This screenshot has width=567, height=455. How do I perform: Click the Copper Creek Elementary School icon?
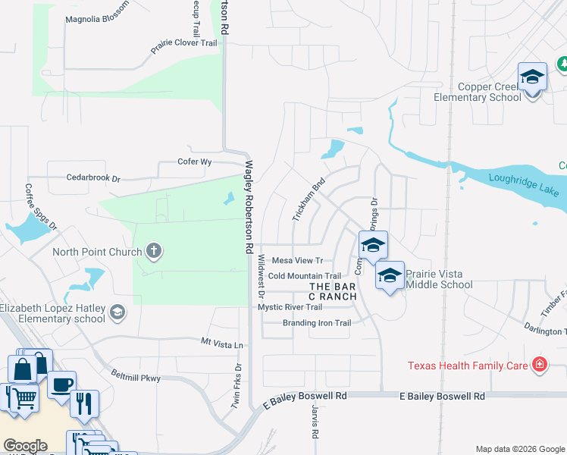[x=532, y=77]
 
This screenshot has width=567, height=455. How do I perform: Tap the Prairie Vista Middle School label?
[x=439, y=279]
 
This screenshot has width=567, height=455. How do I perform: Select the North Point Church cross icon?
[x=153, y=252]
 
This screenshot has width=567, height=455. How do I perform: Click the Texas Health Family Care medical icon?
[x=539, y=366]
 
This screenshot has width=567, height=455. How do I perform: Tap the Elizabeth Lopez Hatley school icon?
[x=117, y=311]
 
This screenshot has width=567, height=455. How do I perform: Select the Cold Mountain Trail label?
[x=305, y=276]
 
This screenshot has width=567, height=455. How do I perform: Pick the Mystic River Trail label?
[x=290, y=307]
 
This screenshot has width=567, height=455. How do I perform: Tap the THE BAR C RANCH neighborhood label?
[x=333, y=291]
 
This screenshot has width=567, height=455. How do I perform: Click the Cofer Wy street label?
[x=194, y=162]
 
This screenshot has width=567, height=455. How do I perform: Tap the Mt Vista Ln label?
[x=222, y=344]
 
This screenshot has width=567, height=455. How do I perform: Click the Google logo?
[x=24, y=445]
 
